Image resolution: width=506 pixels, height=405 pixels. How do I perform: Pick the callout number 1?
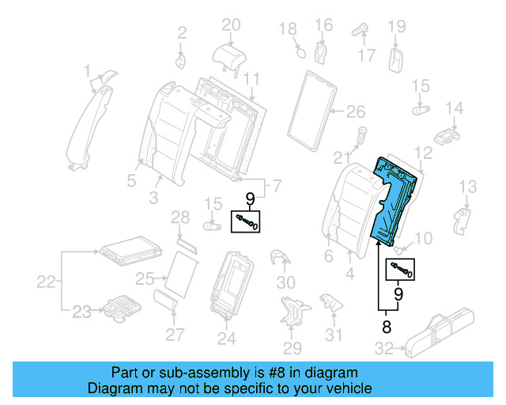87,74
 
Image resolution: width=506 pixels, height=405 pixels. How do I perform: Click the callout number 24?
227,339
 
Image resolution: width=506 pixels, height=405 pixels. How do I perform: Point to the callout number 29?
293,348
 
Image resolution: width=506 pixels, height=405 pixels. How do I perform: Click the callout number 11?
251,78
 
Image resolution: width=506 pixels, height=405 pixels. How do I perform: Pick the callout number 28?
180,218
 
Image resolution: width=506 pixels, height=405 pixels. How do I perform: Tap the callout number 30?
285,282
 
